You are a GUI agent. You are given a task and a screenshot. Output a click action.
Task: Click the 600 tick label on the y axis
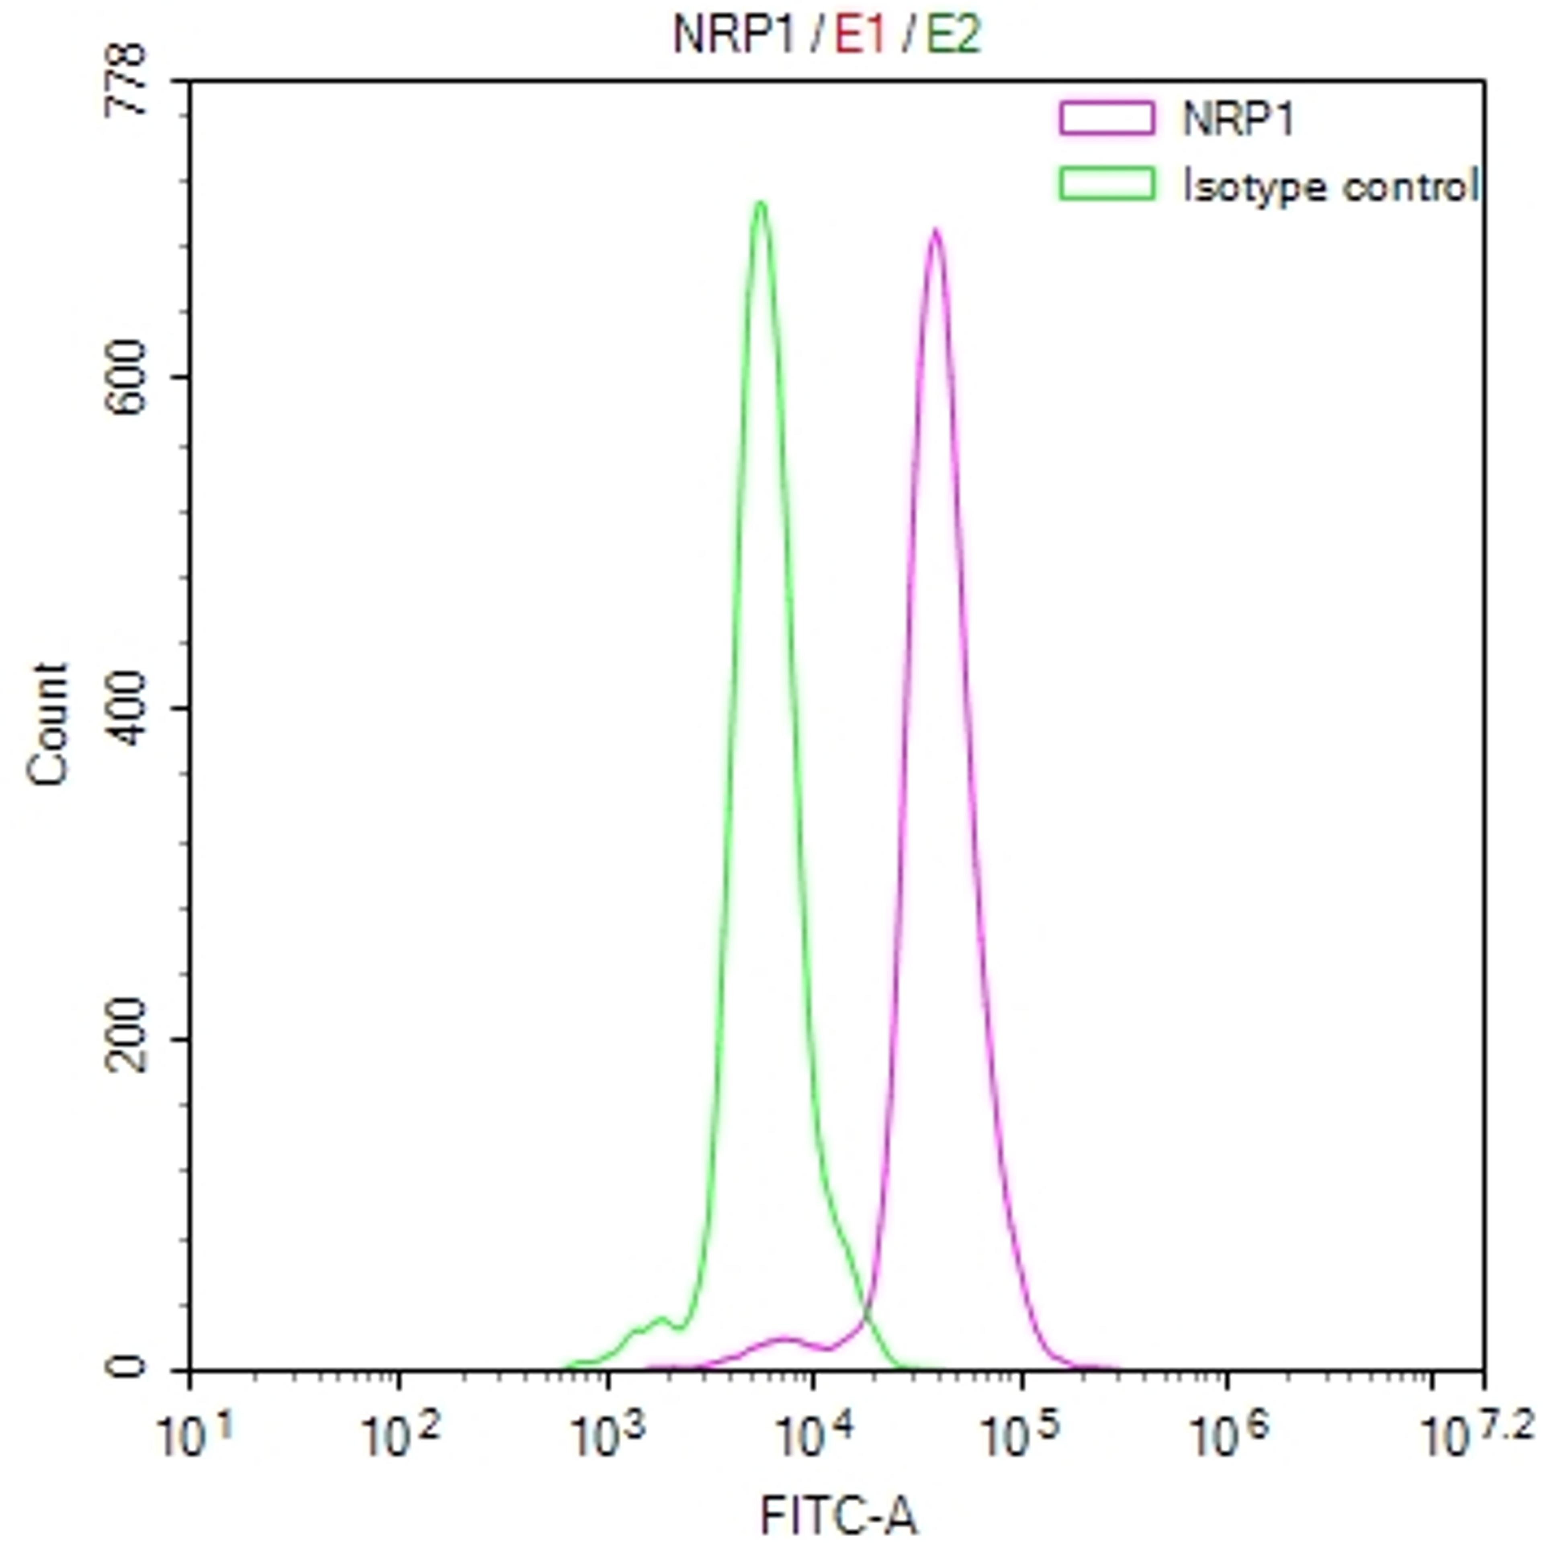[x=129, y=377]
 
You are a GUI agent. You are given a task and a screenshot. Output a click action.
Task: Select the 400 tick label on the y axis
[x=129, y=709]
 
